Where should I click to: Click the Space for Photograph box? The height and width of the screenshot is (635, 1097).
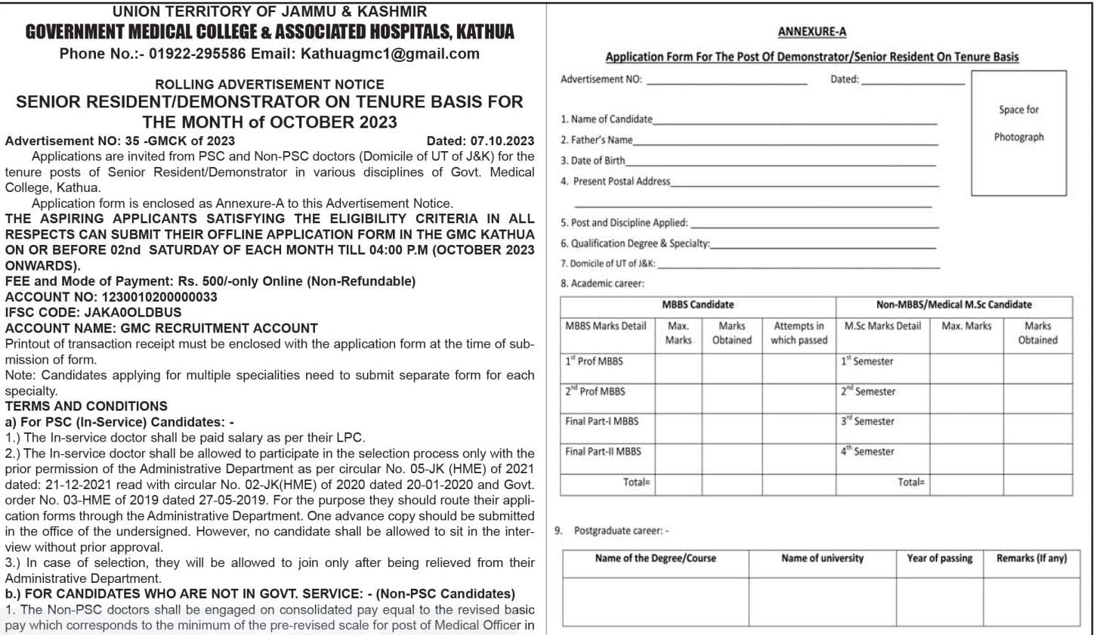click(1018, 132)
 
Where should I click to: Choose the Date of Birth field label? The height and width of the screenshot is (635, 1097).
click(592, 160)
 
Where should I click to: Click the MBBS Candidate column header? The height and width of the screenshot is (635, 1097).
click(697, 305)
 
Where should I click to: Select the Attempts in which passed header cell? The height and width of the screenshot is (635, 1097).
click(799, 333)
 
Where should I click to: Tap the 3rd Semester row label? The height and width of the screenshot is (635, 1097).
click(867, 421)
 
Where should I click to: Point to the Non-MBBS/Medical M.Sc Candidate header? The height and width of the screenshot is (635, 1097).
click(953, 305)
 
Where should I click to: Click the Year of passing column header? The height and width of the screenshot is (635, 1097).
click(939, 559)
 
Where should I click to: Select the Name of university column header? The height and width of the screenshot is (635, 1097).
click(822, 559)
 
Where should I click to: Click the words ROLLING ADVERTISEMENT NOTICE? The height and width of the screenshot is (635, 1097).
click(269, 85)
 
